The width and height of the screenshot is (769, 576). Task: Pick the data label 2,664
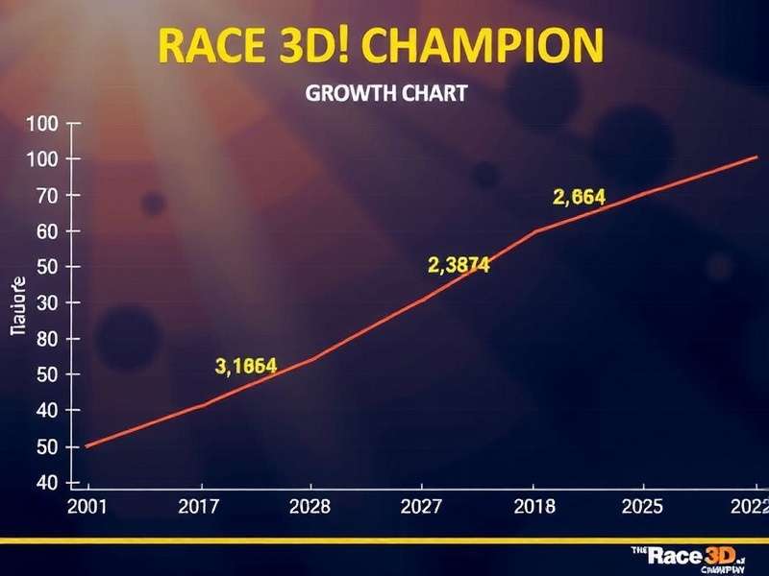pyautogui.click(x=579, y=198)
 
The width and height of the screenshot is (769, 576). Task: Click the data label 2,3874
pyautogui.click(x=458, y=266)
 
